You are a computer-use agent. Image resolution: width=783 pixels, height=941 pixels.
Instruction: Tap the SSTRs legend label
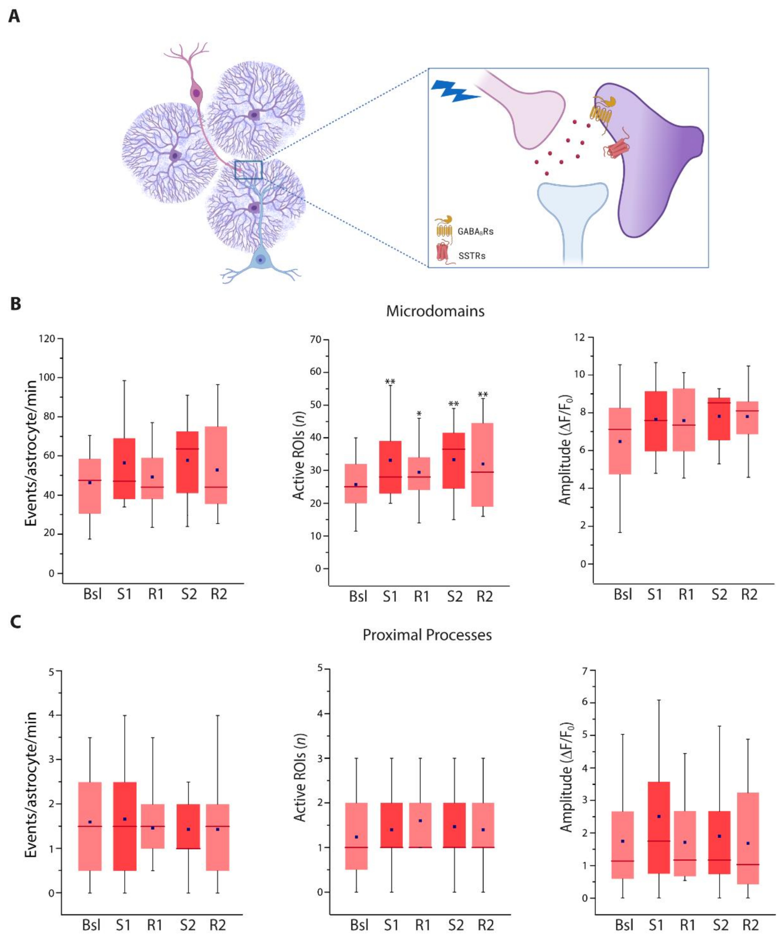(472, 256)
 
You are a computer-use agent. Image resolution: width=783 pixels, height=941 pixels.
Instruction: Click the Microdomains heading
(435, 311)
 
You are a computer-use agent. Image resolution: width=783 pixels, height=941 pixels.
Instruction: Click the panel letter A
(14, 17)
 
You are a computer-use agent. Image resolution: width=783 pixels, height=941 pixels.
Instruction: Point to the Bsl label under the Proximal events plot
(91, 925)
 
